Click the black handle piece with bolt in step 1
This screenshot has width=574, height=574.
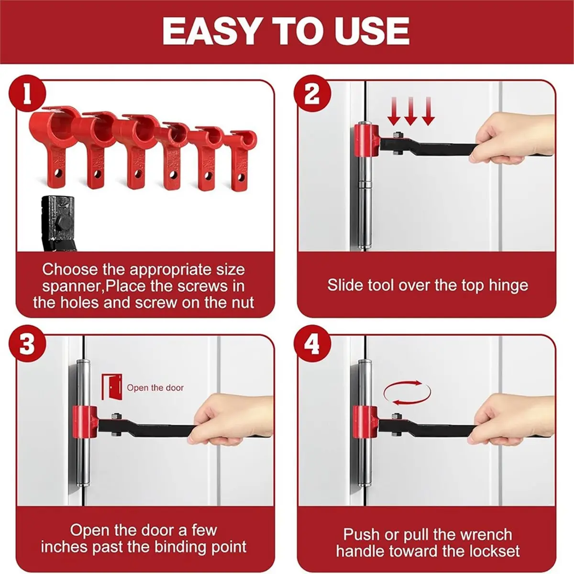pyautogui.click(x=56, y=222)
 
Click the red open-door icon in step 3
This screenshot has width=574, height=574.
pyautogui.click(x=111, y=387)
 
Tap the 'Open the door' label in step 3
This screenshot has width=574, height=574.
pyautogui.click(x=155, y=388)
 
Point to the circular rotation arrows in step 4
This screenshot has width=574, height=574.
pyautogui.click(x=407, y=393)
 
